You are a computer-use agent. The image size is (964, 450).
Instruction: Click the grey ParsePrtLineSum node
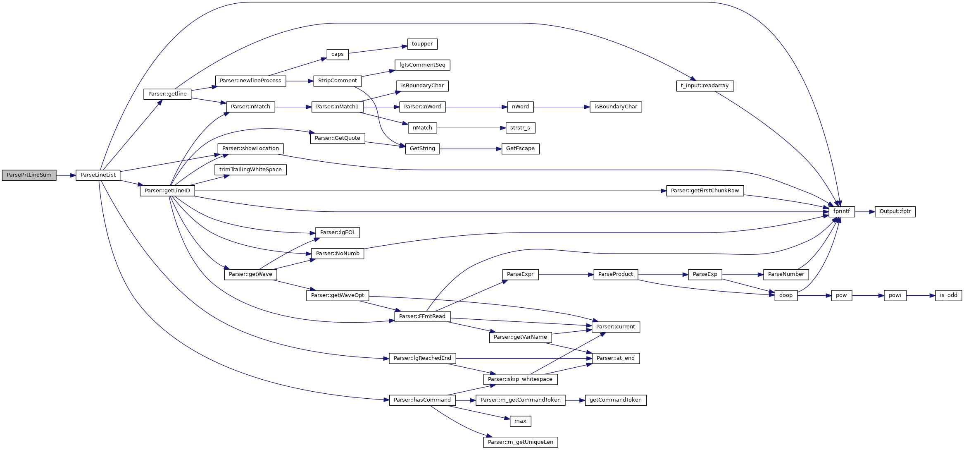click(x=29, y=175)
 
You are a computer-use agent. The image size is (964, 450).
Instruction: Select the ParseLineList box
click(x=98, y=175)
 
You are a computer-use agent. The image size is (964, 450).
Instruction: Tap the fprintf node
click(x=841, y=211)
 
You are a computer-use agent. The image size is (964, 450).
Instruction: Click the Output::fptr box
click(x=895, y=211)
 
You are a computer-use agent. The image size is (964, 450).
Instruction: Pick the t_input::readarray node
click(x=705, y=86)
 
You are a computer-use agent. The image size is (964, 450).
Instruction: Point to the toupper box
click(x=422, y=44)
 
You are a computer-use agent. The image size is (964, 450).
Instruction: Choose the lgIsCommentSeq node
click(x=422, y=65)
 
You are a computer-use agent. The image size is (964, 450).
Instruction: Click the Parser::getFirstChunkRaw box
click(x=705, y=191)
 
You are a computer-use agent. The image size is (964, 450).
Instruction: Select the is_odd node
click(x=948, y=295)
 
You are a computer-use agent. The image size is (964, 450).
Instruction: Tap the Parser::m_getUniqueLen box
click(x=520, y=442)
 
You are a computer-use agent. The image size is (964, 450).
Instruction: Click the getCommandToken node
click(x=615, y=400)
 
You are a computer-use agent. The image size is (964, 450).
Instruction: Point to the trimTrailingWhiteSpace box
click(x=250, y=170)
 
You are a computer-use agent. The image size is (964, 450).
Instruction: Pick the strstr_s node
click(x=520, y=128)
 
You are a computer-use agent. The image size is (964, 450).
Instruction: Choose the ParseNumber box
click(x=785, y=274)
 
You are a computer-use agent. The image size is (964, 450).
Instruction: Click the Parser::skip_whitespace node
click(x=520, y=379)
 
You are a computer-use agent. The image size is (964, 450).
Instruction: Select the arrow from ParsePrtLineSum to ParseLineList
click(x=66, y=175)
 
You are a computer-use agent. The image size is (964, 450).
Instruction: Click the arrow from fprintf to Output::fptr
click(x=865, y=212)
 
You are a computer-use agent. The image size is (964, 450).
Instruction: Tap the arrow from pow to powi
click(x=868, y=296)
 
